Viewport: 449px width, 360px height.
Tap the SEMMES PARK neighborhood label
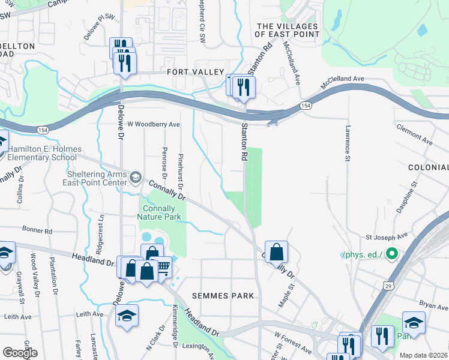click(x=223, y=296)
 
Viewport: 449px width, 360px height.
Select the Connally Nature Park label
click(x=159, y=211)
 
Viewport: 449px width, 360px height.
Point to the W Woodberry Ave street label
click(x=154, y=124)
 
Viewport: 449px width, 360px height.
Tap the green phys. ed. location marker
click(x=391, y=254)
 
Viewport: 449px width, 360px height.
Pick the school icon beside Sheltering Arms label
click(x=136, y=176)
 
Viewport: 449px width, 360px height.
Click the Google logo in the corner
click(x=20, y=353)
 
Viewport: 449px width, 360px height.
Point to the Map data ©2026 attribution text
click(x=423, y=355)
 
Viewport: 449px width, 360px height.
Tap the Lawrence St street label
click(x=347, y=143)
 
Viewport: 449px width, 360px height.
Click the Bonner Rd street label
click(x=37, y=230)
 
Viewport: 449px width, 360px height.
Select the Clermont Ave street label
click(x=414, y=135)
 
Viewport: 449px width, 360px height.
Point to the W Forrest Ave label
click(x=293, y=342)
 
